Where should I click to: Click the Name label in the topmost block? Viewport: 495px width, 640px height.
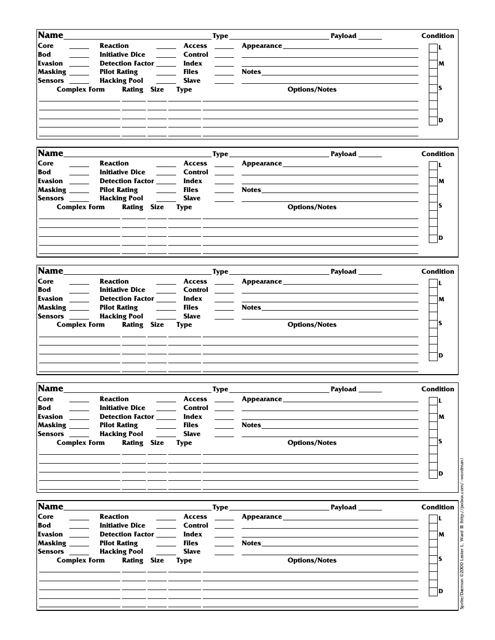point(51,35)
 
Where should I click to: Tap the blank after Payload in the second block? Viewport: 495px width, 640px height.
point(370,155)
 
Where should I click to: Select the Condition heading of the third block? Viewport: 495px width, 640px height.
point(438,272)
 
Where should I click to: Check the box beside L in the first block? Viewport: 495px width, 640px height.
point(433,48)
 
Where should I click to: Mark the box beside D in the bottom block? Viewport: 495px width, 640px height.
point(433,592)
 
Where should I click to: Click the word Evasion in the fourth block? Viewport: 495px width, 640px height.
point(50,417)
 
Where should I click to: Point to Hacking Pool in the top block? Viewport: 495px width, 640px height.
point(121,81)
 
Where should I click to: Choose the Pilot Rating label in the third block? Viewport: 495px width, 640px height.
point(119,308)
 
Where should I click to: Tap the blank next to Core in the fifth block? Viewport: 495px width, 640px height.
point(79,517)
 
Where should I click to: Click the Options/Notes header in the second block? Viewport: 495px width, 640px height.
point(312,207)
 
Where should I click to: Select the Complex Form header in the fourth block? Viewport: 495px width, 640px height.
point(81,443)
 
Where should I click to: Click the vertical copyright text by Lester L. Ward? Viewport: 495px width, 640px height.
point(462,533)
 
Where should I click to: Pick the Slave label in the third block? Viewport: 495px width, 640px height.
point(192,316)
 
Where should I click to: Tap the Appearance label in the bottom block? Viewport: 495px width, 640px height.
point(262,517)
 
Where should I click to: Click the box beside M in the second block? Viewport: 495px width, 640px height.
point(433,182)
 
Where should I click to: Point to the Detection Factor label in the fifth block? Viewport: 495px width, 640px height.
point(127,534)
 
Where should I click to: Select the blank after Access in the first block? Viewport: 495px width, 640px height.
point(224,46)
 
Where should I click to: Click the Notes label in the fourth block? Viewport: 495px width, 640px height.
point(251,425)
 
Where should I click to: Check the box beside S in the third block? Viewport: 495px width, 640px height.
point(433,324)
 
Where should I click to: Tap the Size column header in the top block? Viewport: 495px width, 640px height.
point(157,89)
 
